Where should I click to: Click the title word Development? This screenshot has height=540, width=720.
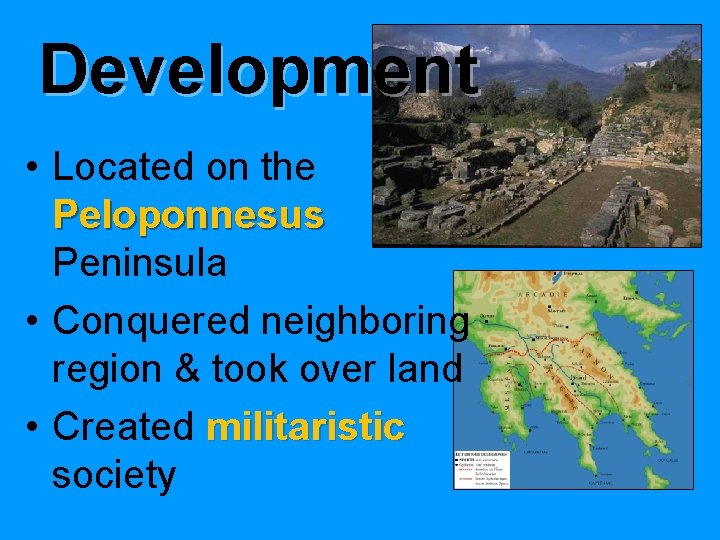[259, 69]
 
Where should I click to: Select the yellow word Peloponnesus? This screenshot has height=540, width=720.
[188, 214]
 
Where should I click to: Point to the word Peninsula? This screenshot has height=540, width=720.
[139, 263]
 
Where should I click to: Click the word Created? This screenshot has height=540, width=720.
[122, 427]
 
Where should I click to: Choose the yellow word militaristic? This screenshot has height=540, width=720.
[305, 427]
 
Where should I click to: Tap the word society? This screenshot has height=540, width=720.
[113, 475]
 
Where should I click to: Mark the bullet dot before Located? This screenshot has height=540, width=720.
[34, 168]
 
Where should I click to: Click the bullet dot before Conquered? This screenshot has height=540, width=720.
[34, 322]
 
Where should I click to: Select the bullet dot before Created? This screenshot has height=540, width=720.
[34, 428]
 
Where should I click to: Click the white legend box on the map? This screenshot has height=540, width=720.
[482, 469]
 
